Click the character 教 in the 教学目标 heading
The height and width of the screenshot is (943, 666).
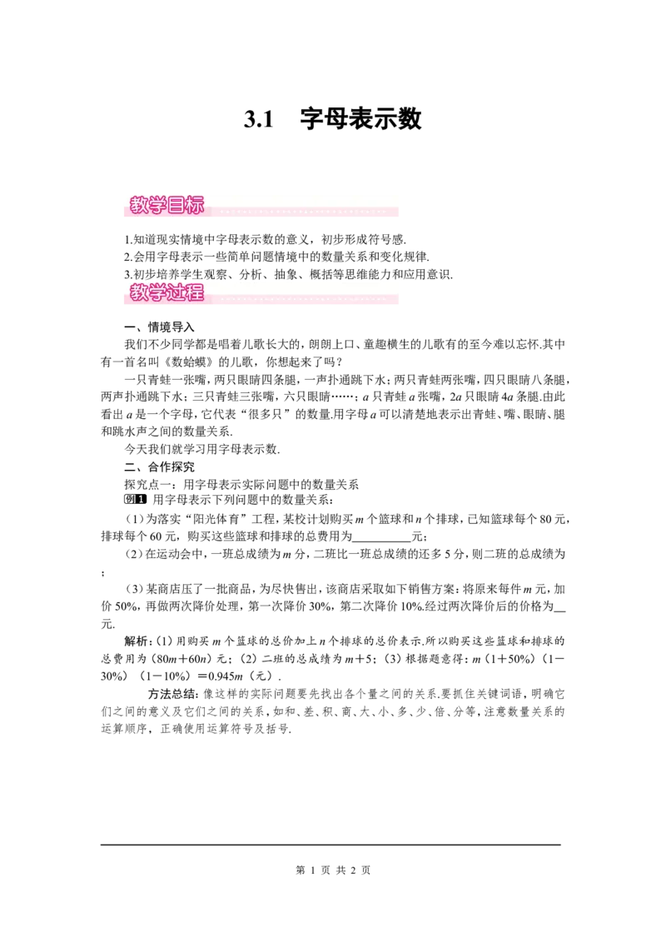(139, 206)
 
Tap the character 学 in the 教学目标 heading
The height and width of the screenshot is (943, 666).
(157, 206)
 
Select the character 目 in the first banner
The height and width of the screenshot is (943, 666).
(176, 206)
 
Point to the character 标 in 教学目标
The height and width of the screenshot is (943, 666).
(195, 206)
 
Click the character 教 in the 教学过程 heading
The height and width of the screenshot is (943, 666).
(139, 292)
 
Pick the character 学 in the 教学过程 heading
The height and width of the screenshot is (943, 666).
(157, 292)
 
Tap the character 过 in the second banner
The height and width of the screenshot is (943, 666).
(176, 292)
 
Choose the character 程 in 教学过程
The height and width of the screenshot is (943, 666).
(195, 292)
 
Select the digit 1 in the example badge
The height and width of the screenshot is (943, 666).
(142, 500)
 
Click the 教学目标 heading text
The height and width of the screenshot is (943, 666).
(166, 206)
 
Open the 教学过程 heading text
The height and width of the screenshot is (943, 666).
(166, 292)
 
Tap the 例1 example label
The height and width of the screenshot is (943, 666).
(136, 500)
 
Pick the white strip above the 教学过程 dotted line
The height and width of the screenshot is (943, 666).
(304, 287)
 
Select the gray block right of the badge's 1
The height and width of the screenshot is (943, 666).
(150, 500)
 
